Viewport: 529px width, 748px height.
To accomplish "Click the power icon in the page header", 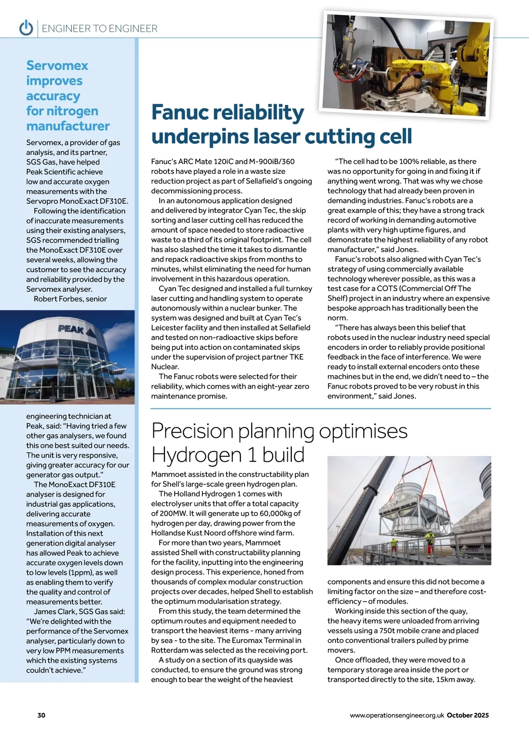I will (26, 28).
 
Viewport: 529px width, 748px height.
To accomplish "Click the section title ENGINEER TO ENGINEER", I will (100, 29).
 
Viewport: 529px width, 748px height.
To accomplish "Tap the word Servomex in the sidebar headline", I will (57, 66).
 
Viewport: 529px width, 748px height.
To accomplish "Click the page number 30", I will (41, 715).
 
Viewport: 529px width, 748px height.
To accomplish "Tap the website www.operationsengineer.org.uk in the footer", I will (397, 715).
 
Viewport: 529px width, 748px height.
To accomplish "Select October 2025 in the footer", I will (468, 715).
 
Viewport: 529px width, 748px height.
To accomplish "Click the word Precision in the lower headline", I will (192, 431).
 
